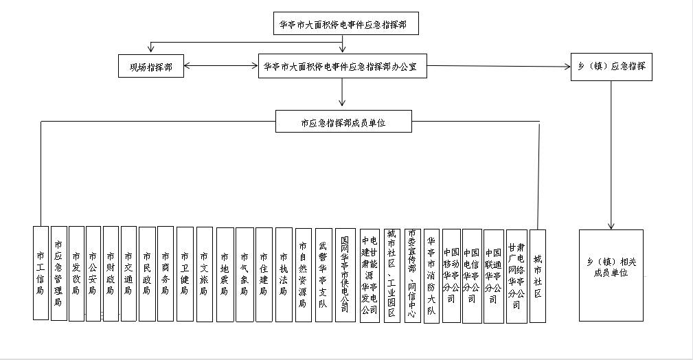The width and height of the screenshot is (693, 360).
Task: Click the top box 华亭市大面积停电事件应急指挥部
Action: [x=345, y=24]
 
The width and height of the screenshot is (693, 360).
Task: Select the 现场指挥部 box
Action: [x=150, y=67]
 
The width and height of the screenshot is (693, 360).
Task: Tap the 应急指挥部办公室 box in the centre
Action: [x=345, y=67]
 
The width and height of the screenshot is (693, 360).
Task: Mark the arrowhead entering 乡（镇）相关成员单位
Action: [x=611, y=226]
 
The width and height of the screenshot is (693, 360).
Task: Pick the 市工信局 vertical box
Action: [x=41, y=273]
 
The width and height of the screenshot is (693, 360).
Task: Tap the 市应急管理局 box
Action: [x=58, y=273]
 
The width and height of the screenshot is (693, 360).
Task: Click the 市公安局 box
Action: [x=93, y=273]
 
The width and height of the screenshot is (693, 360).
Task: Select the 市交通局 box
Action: [x=128, y=273]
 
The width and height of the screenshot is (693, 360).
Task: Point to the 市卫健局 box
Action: [x=185, y=273]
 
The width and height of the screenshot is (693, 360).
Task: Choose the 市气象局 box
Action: [x=245, y=273]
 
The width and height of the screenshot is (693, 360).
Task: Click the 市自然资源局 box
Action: [x=303, y=273]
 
